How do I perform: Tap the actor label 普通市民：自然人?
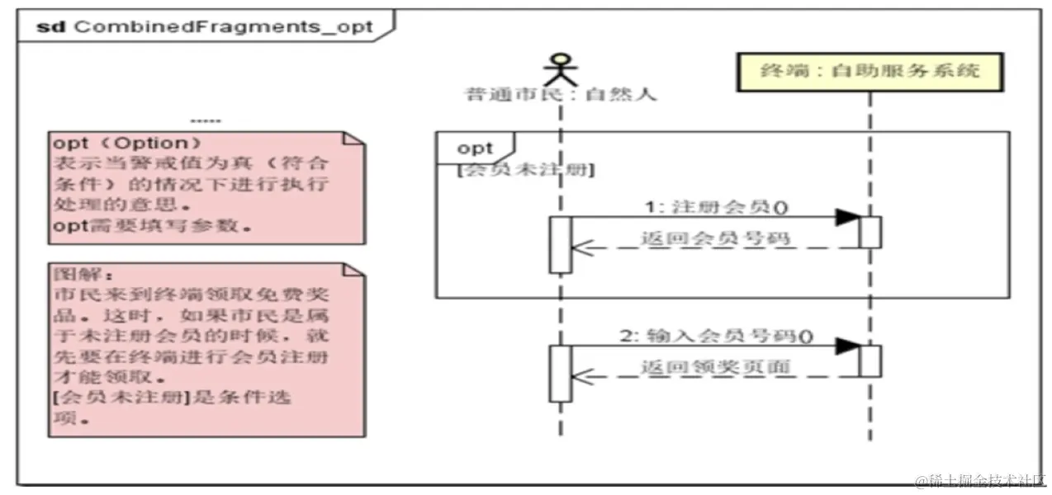[562, 94]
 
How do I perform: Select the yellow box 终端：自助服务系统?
[870, 72]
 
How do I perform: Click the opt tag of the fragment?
[475, 148]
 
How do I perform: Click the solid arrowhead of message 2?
[846, 346]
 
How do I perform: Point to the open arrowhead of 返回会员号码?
[583, 247]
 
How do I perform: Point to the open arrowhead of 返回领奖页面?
[583, 376]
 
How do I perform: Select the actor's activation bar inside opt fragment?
[561, 244]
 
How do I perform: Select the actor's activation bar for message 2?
[561, 373]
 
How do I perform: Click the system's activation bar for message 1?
[870, 232]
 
